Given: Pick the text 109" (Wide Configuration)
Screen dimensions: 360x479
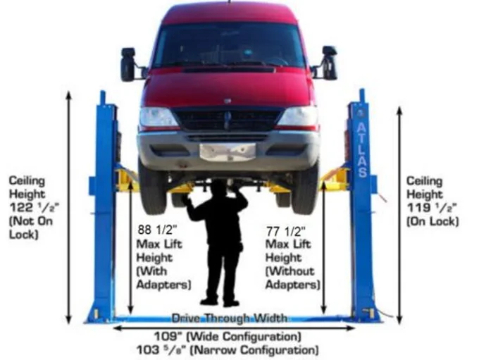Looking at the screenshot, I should click(x=228, y=336).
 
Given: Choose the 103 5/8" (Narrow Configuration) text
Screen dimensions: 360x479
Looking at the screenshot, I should click(x=227, y=349).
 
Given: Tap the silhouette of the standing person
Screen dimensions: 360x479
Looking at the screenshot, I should click(x=218, y=240).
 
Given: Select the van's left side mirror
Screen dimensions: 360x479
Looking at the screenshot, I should click(x=128, y=63).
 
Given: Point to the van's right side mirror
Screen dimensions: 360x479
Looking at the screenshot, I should click(x=329, y=62).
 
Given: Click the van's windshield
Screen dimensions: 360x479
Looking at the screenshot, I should click(x=228, y=46).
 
